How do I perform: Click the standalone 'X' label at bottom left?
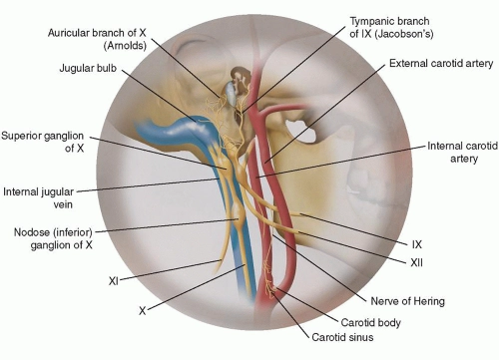pyautogui.click(x=142, y=311)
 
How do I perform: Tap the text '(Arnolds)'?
pyautogui.click(x=112, y=45)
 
